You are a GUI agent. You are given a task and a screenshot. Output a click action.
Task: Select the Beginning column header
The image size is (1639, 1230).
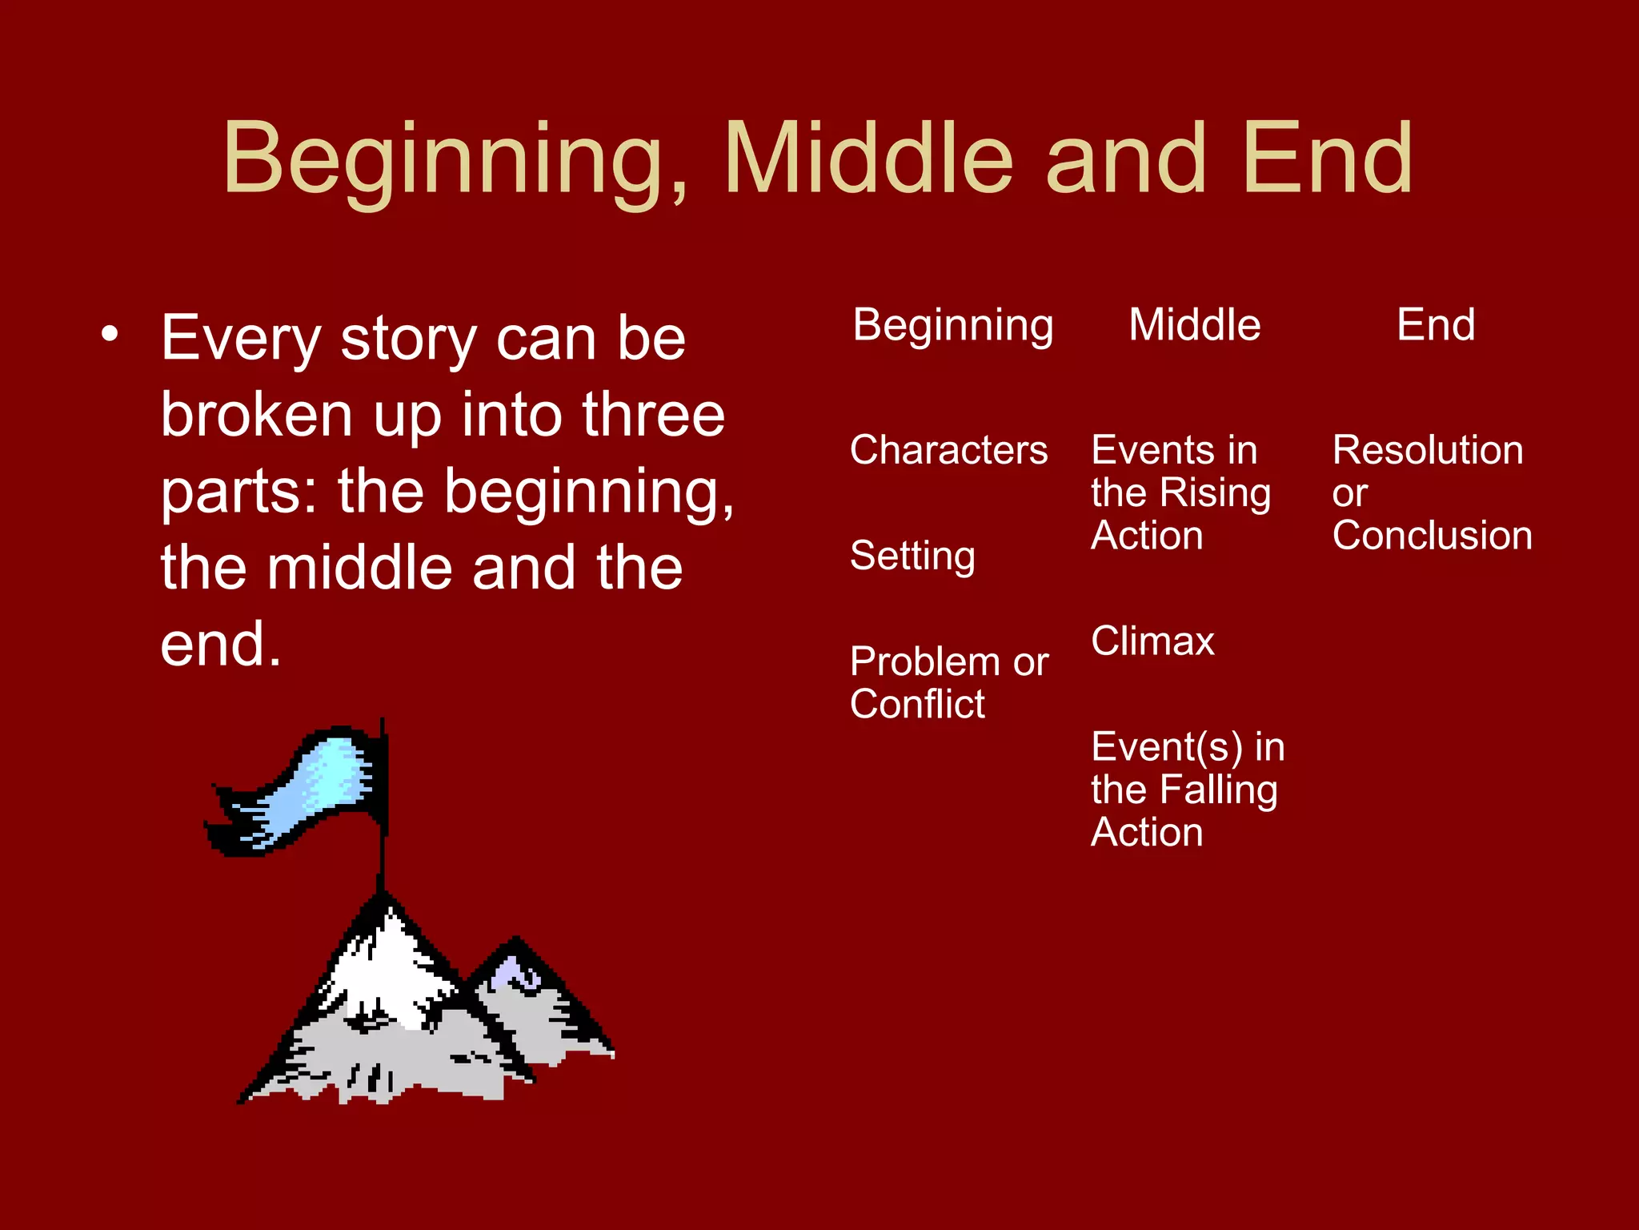[x=952, y=326]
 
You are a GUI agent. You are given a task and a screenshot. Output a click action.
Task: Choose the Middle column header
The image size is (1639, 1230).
[x=1194, y=325]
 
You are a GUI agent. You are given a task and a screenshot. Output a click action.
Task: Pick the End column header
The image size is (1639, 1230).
[x=1436, y=325]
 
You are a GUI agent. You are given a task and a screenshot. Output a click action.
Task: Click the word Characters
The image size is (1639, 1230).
[x=948, y=450]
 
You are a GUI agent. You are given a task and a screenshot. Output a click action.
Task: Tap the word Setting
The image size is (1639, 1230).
[x=912, y=556]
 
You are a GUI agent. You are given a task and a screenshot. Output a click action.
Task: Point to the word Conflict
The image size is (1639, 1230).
[x=917, y=705]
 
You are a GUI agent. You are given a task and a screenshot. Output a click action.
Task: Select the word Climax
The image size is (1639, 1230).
[x=1152, y=641]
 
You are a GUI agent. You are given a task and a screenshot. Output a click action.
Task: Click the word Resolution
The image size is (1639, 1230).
[x=1428, y=450]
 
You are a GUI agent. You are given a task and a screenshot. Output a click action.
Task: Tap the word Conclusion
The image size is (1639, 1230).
[x=1432, y=535]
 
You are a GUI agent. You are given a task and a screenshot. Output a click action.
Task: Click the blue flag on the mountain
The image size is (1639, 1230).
[x=320, y=789]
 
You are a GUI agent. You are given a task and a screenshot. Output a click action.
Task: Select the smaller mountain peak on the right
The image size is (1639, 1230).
[x=516, y=973]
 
